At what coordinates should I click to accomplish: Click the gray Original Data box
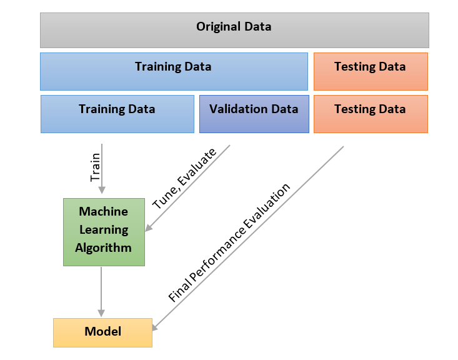234,30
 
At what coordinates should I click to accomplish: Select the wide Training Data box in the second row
174,72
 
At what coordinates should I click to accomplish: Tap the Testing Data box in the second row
371,72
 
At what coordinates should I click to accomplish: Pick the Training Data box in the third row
117,114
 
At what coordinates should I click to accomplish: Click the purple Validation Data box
254,114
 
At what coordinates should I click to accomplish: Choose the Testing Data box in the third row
371,114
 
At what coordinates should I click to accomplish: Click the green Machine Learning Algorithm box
104,232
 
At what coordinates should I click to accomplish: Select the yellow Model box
103,333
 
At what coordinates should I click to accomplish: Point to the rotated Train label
95,167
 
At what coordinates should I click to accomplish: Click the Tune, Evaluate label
184,179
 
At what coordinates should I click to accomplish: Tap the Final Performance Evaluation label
229,242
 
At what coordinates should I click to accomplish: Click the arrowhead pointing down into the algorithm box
102,190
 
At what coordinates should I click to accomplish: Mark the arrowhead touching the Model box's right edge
156,327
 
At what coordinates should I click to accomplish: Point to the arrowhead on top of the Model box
101,313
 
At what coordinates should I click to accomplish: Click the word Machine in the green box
103,211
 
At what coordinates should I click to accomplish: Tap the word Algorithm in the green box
103,248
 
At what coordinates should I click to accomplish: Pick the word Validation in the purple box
238,109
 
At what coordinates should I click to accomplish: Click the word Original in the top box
219,27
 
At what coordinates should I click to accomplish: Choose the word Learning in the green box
104,230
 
